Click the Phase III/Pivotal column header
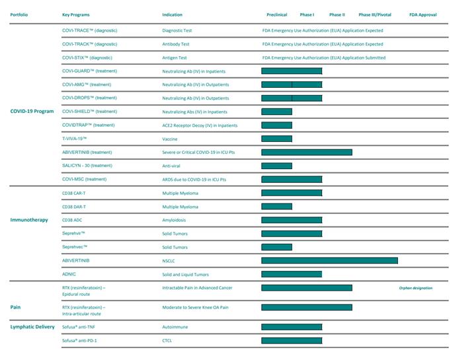pyautogui.click(x=375, y=15)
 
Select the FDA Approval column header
pyautogui.click(x=422, y=15)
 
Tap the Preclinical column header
pyautogui.click(x=276, y=15)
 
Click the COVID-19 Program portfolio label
pyautogui.click(x=32, y=112)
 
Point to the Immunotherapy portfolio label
pyautogui.click(x=29, y=220)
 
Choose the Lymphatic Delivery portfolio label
pyautogui.click(x=32, y=327)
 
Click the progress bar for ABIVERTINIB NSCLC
pyautogui.click(x=329, y=261)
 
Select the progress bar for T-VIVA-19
pyautogui.click(x=276, y=139)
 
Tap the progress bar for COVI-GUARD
pyautogui.click(x=292, y=71)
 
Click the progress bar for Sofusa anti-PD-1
pyautogui.click(x=292, y=341)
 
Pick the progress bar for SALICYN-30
pyautogui.click(x=276, y=166)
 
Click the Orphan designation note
pyautogui.click(x=415, y=288)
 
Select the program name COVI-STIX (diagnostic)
pyautogui.click(x=89, y=57)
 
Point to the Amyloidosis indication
pyautogui.click(x=176, y=220)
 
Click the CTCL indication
pyautogui.click(x=167, y=341)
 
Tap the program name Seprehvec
pyautogui.click(x=75, y=247)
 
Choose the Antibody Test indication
pyautogui.click(x=176, y=44)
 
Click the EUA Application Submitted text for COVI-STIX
pyautogui.click(x=323, y=57)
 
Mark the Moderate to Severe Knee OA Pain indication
pyautogui.click(x=195, y=307)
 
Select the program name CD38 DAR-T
pyautogui.click(x=74, y=207)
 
